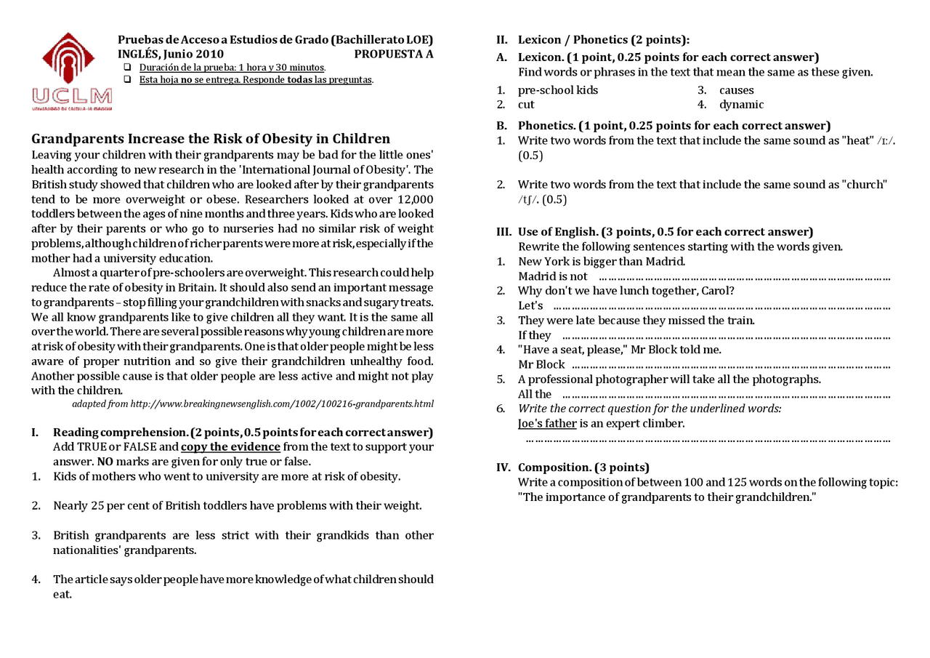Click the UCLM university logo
pyautogui.click(x=71, y=71)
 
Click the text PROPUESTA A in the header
pyautogui.click(x=393, y=54)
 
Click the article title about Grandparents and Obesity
pyautogui.click(x=211, y=139)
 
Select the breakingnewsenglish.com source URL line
pyautogui.click(x=253, y=404)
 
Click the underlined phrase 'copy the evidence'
pyautogui.click(x=230, y=447)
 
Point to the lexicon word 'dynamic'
pyautogui.click(x=741, y=105)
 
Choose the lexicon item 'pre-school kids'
pyautogui.click(x=558, y=90)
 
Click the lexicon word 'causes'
pyautogui.click(x=737, y=90)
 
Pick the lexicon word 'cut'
pyautogui.click(x=526, y=105)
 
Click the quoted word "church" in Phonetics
pyautogui.click(x=865, y=185)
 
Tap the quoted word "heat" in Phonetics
pyautogui.click(x=856, y=140)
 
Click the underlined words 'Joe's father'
pyautogui.click(x=547, y=423)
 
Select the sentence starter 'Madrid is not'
pyautogui.click(x=552, y=276)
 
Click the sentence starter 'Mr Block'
pyautogui.click(x=541, y=364)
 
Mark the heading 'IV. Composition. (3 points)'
pyautogui.click(x=573, y=468)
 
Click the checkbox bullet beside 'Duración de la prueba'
pyautogui.click(x=128, y=68)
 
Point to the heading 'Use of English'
pyautogui.click(x=559, y=232)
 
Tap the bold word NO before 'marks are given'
pyautogui.click(x=105, y=462)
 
